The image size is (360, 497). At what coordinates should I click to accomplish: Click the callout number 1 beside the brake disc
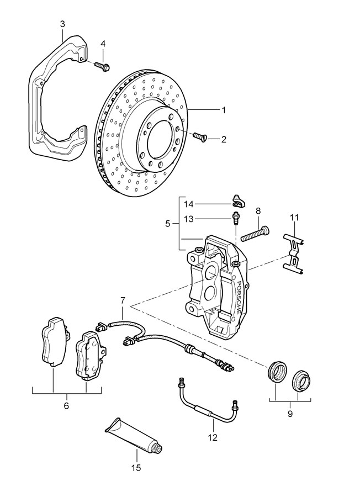click(224, 110)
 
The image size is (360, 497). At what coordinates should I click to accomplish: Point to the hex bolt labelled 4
click(103, 66)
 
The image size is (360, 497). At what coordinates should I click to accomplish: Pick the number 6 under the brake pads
click(66, 406)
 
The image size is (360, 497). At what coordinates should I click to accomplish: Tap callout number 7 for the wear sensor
click(123, 300)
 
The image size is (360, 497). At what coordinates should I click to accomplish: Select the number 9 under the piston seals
click(290, 413)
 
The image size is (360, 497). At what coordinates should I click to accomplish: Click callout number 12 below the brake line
click(213, 437)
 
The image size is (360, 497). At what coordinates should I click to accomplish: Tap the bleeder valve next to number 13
click(236, 218)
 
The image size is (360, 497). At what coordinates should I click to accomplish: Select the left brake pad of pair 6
click(54, 342)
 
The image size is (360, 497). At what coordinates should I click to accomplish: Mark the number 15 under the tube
click(136, 468)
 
